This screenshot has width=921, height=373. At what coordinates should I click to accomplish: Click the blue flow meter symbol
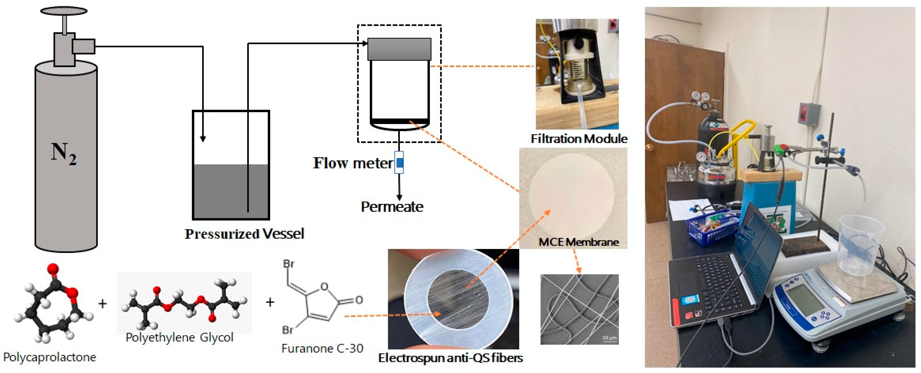(x=399, y=163)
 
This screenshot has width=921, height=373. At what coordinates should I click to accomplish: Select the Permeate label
(x=392, y=207)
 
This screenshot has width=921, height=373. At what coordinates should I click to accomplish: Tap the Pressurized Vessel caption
(x=244, y=234)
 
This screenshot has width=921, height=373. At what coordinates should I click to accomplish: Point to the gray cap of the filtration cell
(x=399, y=49)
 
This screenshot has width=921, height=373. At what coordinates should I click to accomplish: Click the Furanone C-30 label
(x=322, y=348)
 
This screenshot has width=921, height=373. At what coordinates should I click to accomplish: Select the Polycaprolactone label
(x=50, y=357)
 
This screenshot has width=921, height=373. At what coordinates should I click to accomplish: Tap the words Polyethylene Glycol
(x=179, y=337)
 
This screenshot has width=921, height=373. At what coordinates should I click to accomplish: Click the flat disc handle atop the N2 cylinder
(x=64, y=11)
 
